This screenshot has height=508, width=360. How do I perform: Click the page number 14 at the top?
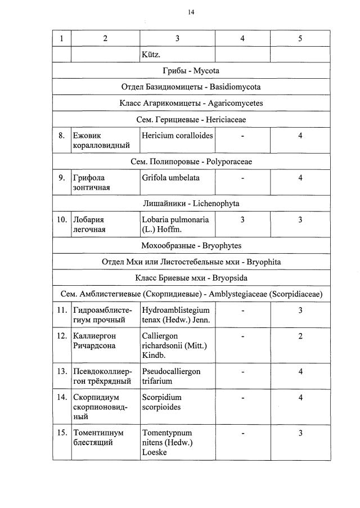pyautogui.click(x=191, y=12)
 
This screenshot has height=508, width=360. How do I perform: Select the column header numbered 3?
pyautogui.click(x=177, y=38)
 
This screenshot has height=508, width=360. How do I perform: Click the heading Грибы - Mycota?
pyautogui.click(x=191, y=71)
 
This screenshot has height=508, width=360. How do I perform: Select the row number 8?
pyautogui.click(x=61, y=136)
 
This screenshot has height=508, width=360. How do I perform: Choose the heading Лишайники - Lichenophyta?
pyautogui.click(x=191, y=203)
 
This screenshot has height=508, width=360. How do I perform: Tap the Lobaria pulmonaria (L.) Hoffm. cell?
pyautogui.click(x=175, y=224)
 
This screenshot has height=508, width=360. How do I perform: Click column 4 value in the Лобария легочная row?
pyautogui.click(x=242, y=220)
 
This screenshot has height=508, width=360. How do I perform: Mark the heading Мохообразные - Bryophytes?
pyautogui.click(x=191, y=246)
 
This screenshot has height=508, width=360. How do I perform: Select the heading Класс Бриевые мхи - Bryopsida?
pyautogui.click(x=191, y=278)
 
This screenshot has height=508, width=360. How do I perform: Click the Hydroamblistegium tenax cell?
pyautogui.click(x=175, y=315)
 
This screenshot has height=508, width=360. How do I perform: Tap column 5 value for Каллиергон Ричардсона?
pyautogui.click(x=300, y=336)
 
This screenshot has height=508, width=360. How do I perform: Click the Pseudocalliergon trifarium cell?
pyautogui.click(x=171, y=376)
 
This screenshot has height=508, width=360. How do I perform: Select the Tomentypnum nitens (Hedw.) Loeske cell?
pyautogui.click(x=168, y=442)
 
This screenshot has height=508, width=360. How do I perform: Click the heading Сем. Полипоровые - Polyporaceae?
pyautogui.click(x=191, y=161)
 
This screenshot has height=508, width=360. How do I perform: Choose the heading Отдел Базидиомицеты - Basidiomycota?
pyautogui.click(x=191, y=87)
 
